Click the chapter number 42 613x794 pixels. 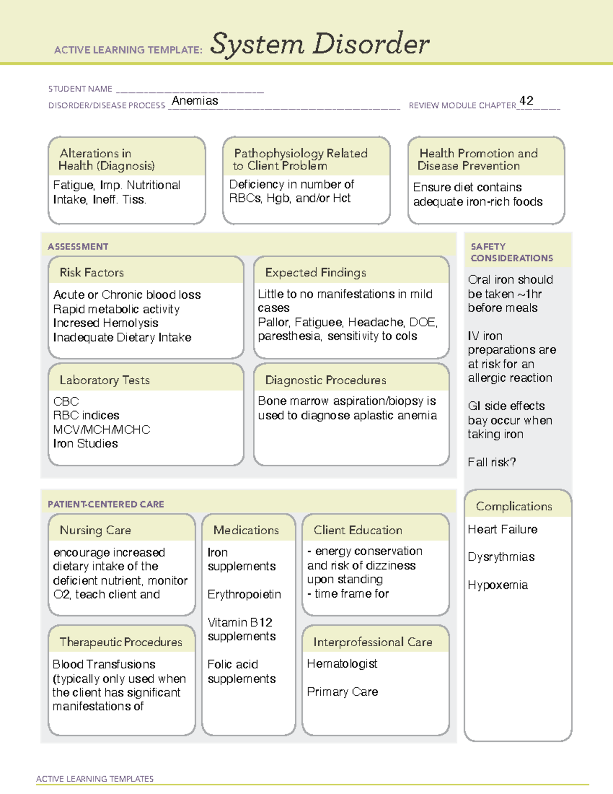coord(526,101)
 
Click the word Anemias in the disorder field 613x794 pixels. coord(195,101)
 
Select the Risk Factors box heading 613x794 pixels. coord(92,273)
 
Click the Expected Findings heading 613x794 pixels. coord(316,273)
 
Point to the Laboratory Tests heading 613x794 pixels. coord(105,380)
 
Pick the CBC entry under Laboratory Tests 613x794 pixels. coord(66,401)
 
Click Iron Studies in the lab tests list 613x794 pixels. coord(85,443)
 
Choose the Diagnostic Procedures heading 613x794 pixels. coord(325,380)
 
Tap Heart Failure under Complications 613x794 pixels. coord(503,529)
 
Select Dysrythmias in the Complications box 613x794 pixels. coord(501,557)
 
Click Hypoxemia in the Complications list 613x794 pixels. coord(498,585)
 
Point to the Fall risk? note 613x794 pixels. coord(491,462)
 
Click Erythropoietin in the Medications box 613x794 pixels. coord(244,594)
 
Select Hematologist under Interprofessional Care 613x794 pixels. coord(342,664)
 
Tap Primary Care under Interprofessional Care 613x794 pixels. coord(342,692)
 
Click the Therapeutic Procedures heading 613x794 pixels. coord(121,642)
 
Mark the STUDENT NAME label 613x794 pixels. coord(80,89)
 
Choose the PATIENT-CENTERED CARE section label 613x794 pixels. coord(106,504)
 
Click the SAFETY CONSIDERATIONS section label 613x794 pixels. coord(511,252)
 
